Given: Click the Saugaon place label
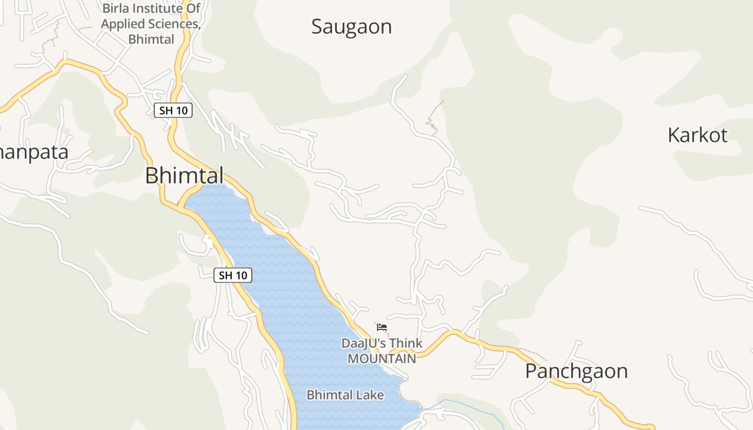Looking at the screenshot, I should (x=351, y=26).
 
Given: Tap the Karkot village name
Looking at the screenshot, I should (x=697, y=135).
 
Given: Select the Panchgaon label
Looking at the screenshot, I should (x=576, y=371).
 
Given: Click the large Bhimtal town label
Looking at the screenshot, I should (x=184, y=175).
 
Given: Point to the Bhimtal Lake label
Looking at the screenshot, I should (x=345, y=395).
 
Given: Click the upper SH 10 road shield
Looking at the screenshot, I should (x=173, y=111).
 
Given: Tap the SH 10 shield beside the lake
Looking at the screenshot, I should (x=233, y=275).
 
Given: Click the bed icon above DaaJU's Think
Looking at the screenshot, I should (x=382, y=326).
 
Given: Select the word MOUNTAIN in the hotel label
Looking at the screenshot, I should (x=381, y=359).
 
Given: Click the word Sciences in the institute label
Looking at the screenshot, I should (x=173, y=24).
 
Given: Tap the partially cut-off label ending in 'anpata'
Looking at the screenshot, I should (x=33, y=152).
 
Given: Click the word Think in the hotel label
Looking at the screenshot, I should (x=406, y=343).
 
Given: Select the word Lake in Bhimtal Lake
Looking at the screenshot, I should (x=371, y=395).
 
